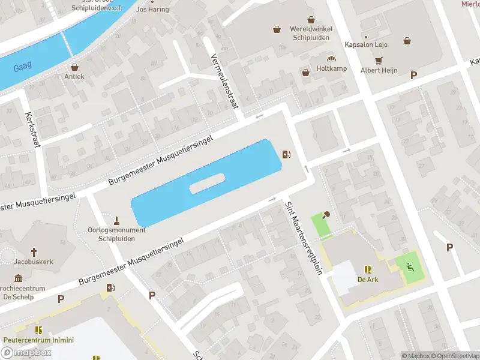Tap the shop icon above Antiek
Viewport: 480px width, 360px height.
[x=75, y=67]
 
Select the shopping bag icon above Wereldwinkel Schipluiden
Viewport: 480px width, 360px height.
[x=277, y=28]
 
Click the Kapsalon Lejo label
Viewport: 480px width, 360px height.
[x=366, y=44]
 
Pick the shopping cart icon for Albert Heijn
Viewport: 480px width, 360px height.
[x=379, y=61]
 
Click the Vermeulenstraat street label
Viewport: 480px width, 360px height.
[x=225, y=81]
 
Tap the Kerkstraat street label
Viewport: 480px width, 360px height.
[x=32, y=130]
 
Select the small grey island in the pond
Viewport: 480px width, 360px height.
[x=207, y=183]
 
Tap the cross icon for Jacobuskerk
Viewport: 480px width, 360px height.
[x=34, y=253]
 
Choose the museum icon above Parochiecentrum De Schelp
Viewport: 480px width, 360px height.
[x=18, y=278]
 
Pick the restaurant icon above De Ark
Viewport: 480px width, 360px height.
[x=367, y=270]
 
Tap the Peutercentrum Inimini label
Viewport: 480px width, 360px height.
[x=38, y=340]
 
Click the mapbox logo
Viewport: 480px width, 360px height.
[x=26, y=352]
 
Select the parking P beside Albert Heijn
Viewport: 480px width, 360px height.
[x=413, y=75]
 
